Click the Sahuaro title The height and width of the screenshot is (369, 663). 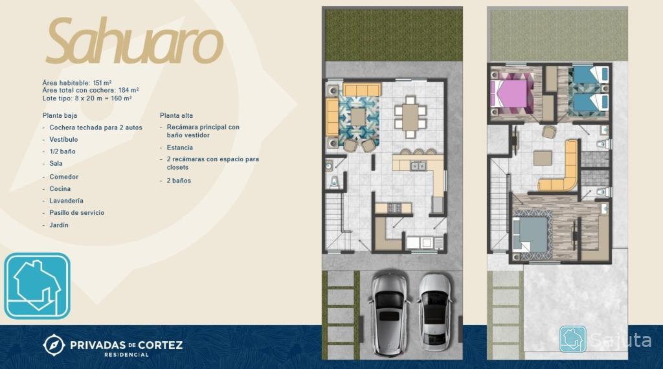coord(135,41)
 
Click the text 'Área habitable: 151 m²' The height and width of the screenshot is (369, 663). coord(77,83)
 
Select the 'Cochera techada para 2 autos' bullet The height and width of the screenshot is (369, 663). coord(96,128)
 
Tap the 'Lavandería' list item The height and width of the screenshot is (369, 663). coord(67,201)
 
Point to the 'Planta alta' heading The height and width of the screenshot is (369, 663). coord(176,115)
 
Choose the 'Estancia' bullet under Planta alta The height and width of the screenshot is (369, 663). coord(180,148)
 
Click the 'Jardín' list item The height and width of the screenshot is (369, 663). coord(59,225)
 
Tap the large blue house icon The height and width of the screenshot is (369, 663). coord(37,285)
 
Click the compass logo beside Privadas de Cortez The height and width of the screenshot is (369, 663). coord(54,345)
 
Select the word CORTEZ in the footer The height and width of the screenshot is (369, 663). coord(161,345)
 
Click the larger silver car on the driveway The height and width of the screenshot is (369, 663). coord(388,314)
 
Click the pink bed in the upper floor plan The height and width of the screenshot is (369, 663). coord(510,93)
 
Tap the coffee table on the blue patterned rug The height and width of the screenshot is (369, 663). coord(357,117)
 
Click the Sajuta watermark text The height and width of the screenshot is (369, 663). coord(621,340)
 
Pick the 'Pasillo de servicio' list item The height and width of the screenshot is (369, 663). coord(76,212)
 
